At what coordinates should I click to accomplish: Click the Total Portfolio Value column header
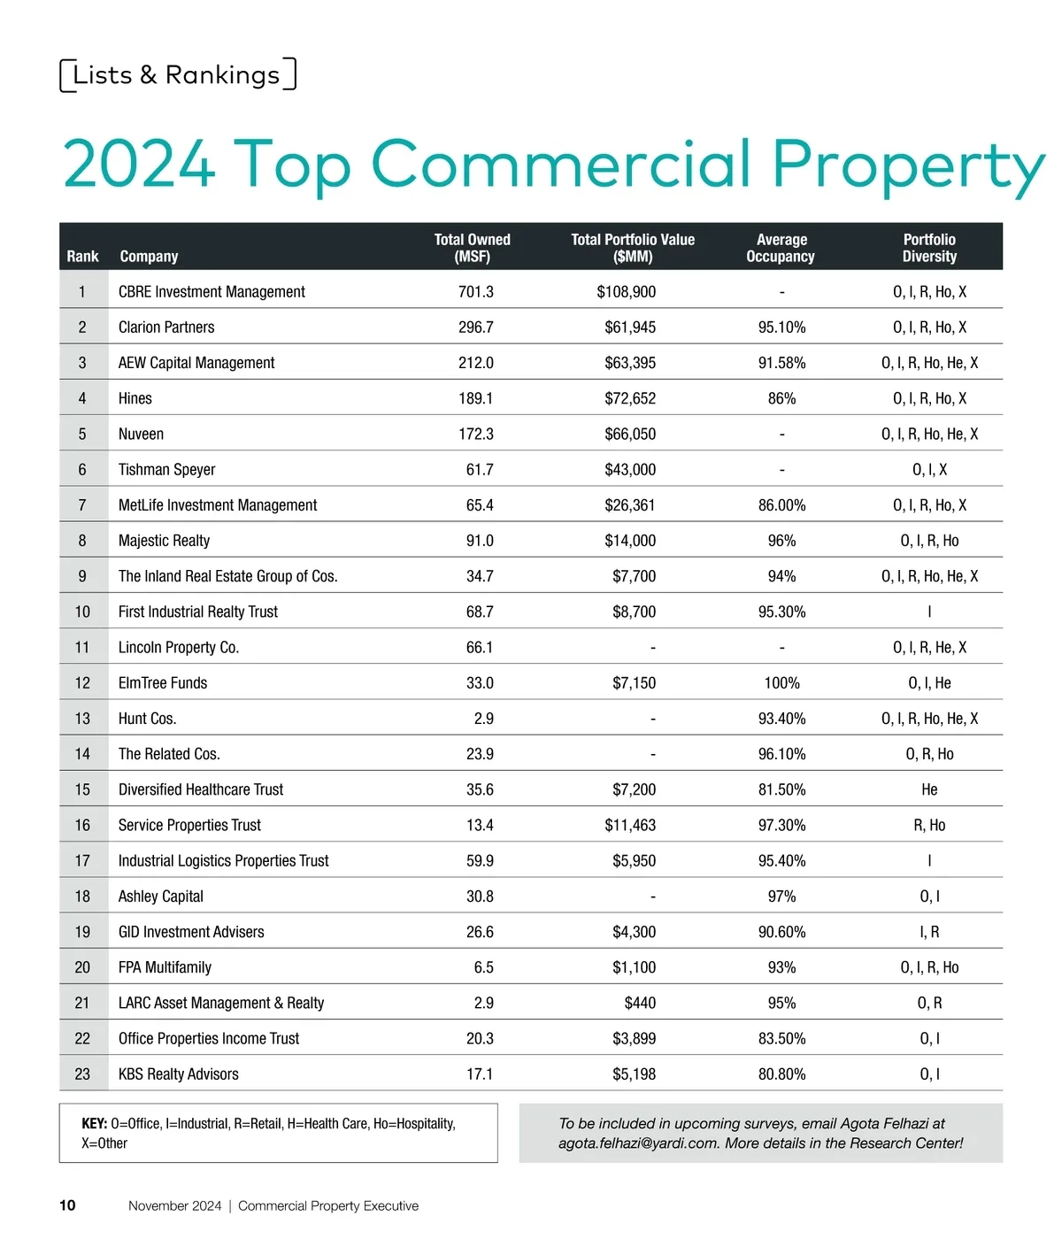click(x=633, y=248)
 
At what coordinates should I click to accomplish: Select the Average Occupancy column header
click(x=781, y=248)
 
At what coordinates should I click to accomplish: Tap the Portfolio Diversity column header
click(x=929, y=248)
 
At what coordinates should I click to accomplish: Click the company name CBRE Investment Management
click(x=212, y=292)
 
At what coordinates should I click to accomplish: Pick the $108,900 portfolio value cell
click(x=627, y=292)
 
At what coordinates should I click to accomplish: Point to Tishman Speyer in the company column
click(x=166, y=470)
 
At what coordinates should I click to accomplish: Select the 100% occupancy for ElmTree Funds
click(x=781, y=683)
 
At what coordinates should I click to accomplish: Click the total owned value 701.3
click(x=475, y=292)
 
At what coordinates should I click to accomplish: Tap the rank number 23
click(x=82, y=1074)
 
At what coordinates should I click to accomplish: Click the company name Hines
click(x=135, y=399)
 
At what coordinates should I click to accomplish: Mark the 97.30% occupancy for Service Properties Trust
click(x=781, y=826)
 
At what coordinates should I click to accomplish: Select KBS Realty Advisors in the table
click(x=179, y=1074)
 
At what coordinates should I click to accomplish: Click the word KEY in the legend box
click(x=94, y=1124)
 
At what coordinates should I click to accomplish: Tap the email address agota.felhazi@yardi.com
click(x=637, y=1143)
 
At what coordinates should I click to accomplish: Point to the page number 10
click(x=67, y=1205)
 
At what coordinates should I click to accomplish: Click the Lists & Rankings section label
click(x=177, y=75)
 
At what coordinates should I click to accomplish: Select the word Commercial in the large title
click(x=562, y=164)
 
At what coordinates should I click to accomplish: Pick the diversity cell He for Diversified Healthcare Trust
click(x=929, y=790)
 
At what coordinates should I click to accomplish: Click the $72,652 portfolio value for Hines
click(x=630, y=399)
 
